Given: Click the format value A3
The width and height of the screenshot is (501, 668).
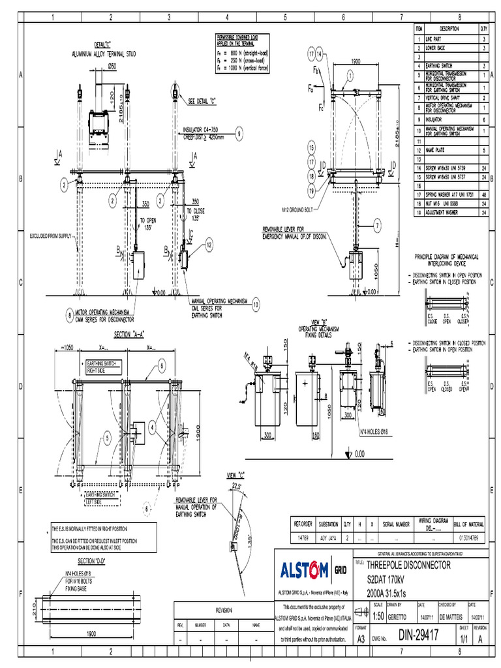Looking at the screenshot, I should (361, 639).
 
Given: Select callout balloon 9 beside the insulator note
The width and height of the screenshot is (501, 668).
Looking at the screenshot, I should (239, 133).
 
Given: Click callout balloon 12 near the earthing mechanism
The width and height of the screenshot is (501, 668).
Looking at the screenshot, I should (209, 245).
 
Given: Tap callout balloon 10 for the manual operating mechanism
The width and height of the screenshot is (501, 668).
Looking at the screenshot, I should (255, 304).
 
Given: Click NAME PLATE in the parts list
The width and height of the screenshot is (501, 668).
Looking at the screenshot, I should (436, 150).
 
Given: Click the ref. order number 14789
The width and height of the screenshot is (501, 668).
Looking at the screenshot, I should (301, 538).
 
